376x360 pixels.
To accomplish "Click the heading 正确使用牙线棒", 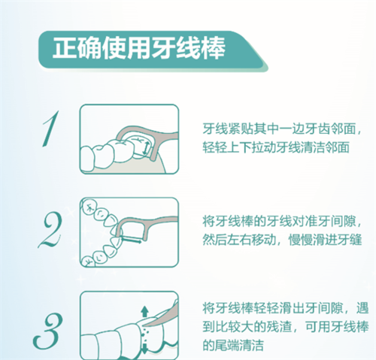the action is pos(138,48).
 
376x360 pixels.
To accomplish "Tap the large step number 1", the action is pos(51,129).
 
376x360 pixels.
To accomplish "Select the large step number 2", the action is pos(50,230).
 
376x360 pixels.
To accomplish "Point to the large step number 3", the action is pos(47,331).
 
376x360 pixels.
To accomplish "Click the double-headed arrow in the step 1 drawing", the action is pos(146,148).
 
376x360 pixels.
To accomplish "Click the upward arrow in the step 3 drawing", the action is pos(144,312).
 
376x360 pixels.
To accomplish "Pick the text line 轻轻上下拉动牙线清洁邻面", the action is pos(276,147).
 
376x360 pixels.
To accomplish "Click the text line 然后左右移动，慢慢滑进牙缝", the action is pos(282,240).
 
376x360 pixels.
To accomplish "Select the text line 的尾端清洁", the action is pos(233,345).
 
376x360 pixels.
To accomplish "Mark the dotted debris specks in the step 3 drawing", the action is pos(144,334).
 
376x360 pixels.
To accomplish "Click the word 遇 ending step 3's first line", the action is pos(362,308).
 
